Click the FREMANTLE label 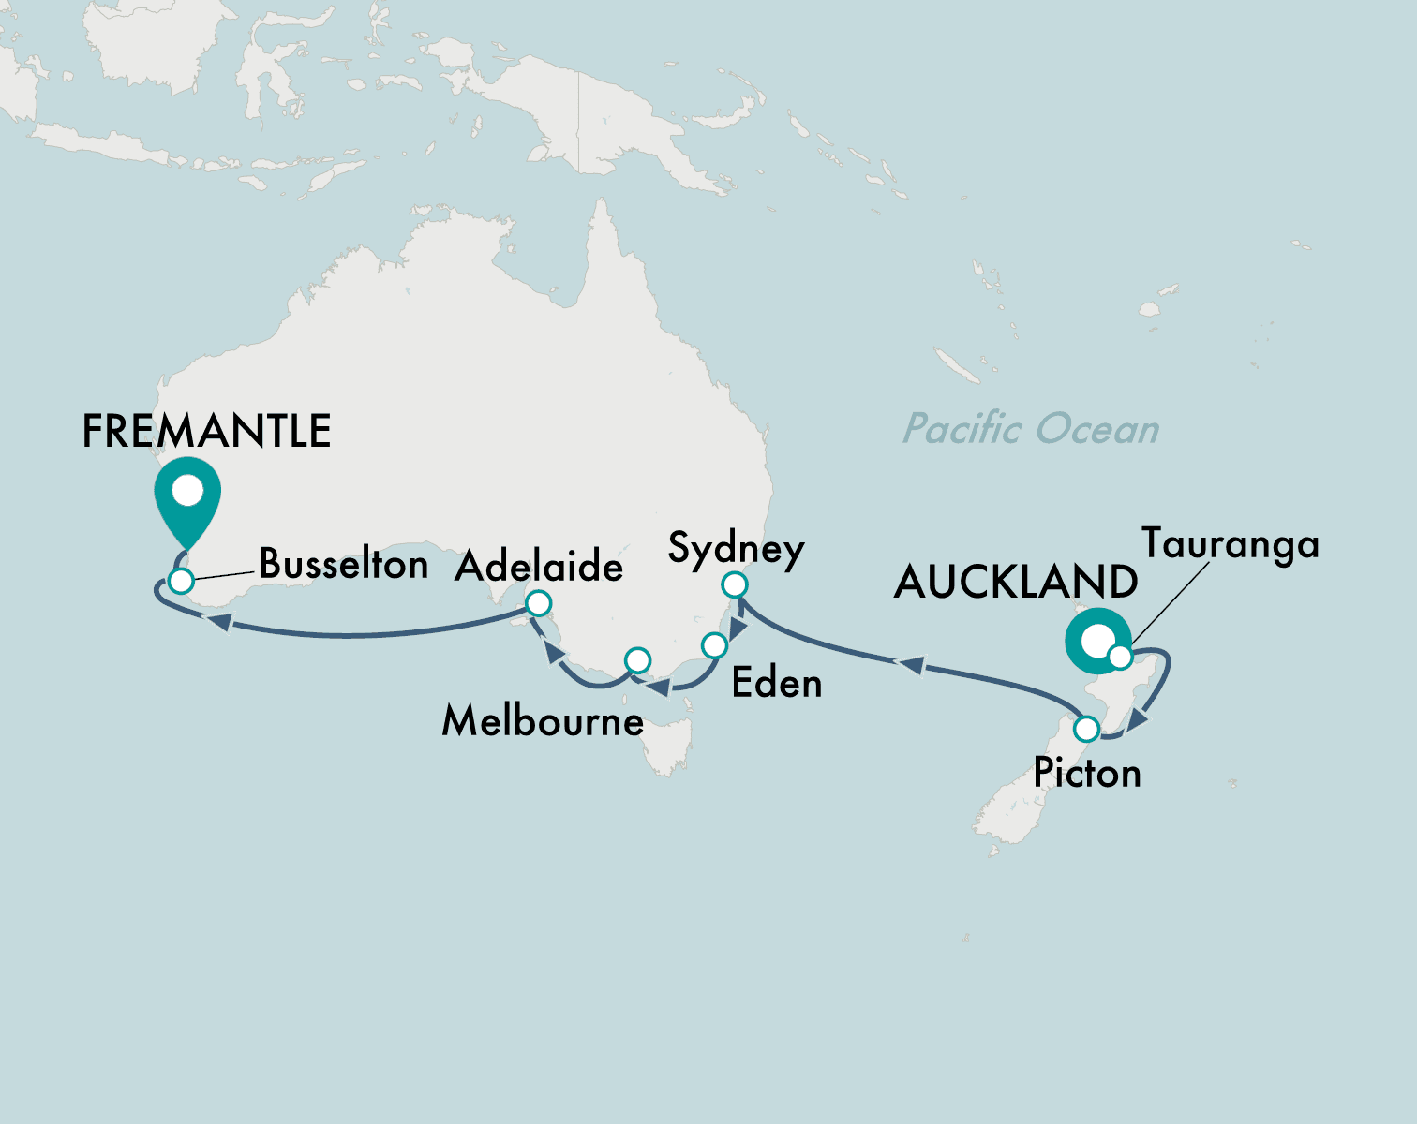tap(206, 431)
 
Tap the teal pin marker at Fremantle tap(188, 495)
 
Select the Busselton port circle tap(181, 581)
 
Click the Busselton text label tap(343, 564)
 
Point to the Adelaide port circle tap(538, 603)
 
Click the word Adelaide tap(539, 567)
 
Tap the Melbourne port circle tap(637, 660)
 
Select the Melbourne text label tap(543, 721)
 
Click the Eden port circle tap(714, 645)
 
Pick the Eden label tap(777, 683)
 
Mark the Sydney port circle tap(736, 585)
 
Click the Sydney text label tap(736, 549)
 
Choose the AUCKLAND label tap(1016, 582)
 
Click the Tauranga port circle tap(1120, 657)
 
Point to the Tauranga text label tap(1230, 544)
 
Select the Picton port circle tap(1086, 728)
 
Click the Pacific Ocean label tap(1031, 429)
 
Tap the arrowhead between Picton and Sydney tap(911, 665)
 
